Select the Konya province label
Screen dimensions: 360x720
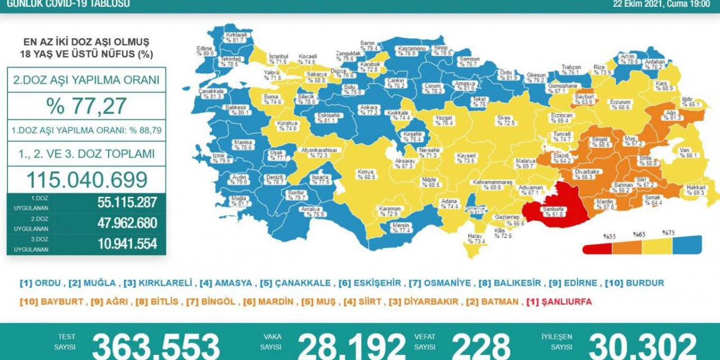[366, 174]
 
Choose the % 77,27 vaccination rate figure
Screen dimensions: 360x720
[86, 105]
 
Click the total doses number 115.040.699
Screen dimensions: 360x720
[86, 179]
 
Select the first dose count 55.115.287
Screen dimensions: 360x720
[127, 202]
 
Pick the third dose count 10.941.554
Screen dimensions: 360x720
[127, 244]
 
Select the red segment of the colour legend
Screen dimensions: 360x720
[597, 247]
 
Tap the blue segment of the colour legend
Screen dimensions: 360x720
[687, 245]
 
